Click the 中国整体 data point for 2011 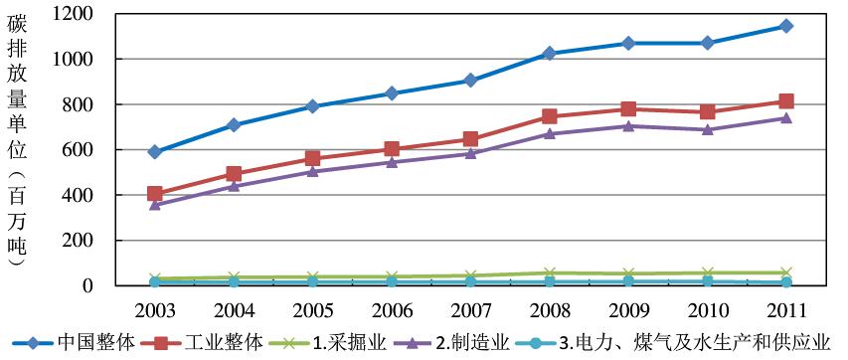click(785, 26)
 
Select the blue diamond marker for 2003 click(154, 152)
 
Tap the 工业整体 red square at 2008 click(549, 116)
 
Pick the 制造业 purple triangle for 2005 click(312, 171)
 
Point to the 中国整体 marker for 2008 click(549, 54)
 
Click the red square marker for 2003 click(154, 194)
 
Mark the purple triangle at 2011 click(785, 118)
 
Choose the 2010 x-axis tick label click(706, 308)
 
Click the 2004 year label click(233, 308)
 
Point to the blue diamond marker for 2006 click(391, 93)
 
